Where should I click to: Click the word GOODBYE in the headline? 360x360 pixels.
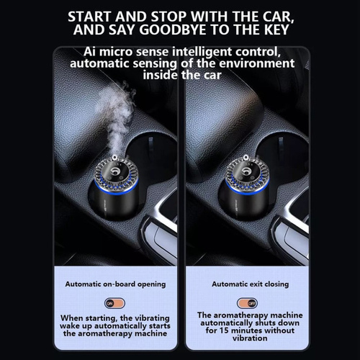(x=173, y=30)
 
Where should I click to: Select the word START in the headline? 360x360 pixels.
(x=89, y=17)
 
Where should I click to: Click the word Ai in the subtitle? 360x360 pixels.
(x=89, y=52)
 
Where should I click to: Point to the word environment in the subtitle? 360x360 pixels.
(x=256, y=63)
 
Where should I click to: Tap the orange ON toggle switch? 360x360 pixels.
(x=114, y=303)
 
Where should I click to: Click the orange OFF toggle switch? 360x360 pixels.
(x=247, y=303)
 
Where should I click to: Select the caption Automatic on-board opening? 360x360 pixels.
(x=115, y=284)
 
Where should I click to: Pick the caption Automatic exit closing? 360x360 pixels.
(x=250, y=284)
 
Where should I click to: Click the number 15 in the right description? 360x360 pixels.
(x=224, y=330)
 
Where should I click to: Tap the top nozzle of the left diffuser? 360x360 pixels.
(x=114, y=158)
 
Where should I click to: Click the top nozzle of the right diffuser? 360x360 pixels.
(x=246, y=158)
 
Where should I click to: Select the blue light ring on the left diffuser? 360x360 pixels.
(x=116, y=189)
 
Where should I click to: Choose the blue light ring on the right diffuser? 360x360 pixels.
(x=247, y=189)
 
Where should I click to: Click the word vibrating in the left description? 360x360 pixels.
(x=150, y=318)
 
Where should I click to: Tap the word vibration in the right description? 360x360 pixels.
(x=250, y=338)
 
